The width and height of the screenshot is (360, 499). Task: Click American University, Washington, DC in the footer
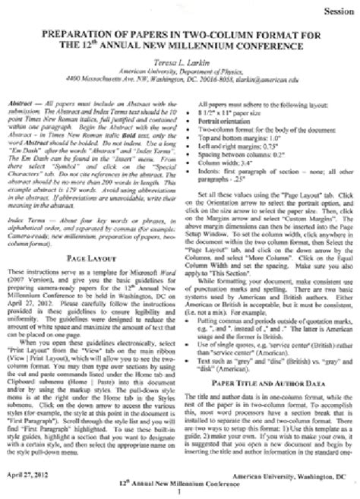[x=296, y=471]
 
